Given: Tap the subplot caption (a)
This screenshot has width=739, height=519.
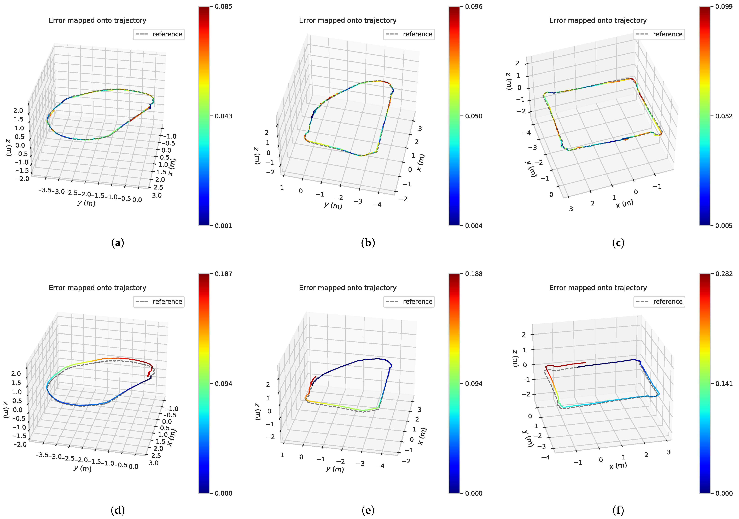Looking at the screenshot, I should pyautogui.click(x=118, y=243).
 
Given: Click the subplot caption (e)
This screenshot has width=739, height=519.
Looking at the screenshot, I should pyautogui.click(x=368, y=510).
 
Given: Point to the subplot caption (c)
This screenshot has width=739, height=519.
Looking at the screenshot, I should pyautogui.click(x=618, y=243).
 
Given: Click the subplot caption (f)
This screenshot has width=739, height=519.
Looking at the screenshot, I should pyautogui.click(x=618, y=510).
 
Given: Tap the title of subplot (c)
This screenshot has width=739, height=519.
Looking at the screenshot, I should pyautogui.click(x=598, y=20).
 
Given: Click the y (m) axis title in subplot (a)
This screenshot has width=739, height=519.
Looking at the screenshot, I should pyautogui.click(x=86, y=203).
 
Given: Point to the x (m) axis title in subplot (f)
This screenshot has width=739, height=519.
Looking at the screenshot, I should pyautogui.click(x=618, y=466).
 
